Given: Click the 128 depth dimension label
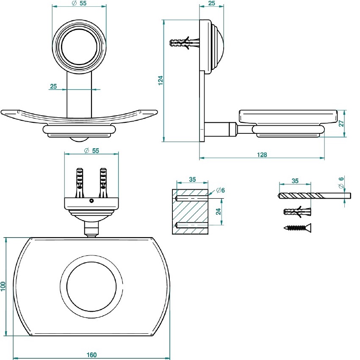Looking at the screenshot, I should pos(262,155).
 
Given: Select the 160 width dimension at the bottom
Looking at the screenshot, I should pos(91,354).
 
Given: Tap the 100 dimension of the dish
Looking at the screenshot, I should pos(3,286).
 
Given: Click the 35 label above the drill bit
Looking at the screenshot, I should pos(295,181).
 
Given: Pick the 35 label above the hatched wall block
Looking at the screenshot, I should pos(192,180).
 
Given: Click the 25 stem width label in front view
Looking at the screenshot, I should pos(53,86).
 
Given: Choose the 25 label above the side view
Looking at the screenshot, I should pos(212,3).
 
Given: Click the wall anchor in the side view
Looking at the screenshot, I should pos(185,44).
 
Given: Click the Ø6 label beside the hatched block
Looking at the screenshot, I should pos(220,190).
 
